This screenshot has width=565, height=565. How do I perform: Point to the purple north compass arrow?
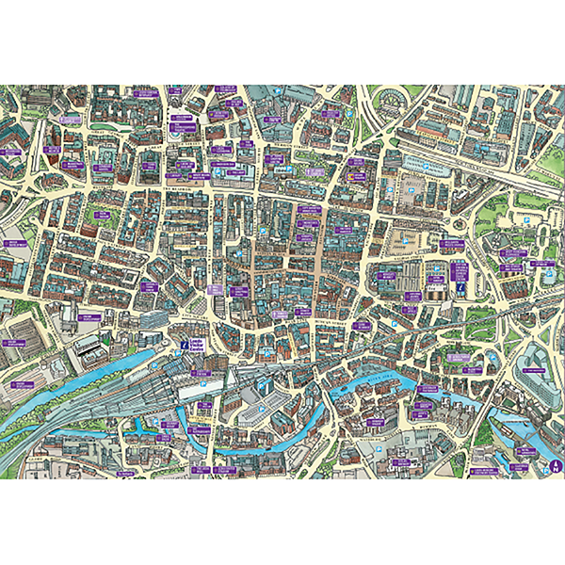pos(557,463)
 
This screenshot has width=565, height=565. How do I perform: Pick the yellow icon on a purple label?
pos(357,176)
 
